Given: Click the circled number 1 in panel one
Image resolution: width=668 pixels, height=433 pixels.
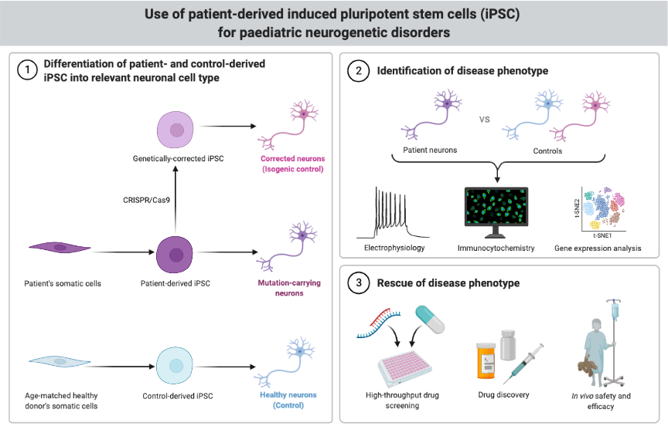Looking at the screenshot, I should [28, 69].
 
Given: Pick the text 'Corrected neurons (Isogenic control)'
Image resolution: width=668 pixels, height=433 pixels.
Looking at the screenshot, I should [291, 164].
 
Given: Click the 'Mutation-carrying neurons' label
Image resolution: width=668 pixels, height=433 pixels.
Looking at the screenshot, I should [289, 288].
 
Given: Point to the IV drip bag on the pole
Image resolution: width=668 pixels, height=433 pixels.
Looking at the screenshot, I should [615, 310].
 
